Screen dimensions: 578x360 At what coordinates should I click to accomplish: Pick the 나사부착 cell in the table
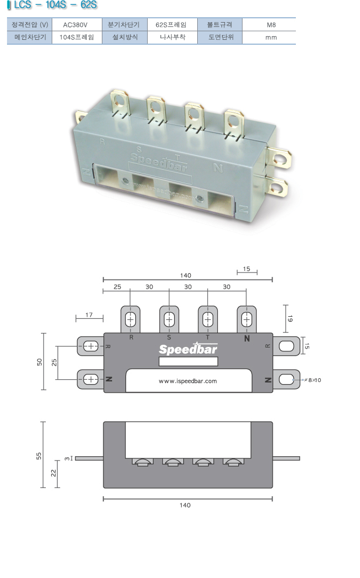(173, 38)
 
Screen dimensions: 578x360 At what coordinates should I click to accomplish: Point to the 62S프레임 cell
(173, 25)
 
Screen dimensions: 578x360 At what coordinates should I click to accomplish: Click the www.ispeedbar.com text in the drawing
(188, 381)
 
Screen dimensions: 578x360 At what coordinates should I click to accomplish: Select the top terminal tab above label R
(130, 319)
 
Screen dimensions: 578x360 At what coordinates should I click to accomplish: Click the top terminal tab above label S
(169, 319)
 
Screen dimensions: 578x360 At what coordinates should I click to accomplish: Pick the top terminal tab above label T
(207, 319)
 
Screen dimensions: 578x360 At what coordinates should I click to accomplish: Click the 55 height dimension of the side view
(38, 456)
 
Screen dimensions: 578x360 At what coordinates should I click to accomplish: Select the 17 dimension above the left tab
(89, 315)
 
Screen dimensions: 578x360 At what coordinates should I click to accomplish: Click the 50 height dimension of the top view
(39, 361)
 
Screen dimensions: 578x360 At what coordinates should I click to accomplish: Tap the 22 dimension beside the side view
(53, 472)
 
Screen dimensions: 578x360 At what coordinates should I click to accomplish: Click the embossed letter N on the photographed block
(218, 168)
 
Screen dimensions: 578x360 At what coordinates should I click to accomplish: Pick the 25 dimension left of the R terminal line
(117, 287)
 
